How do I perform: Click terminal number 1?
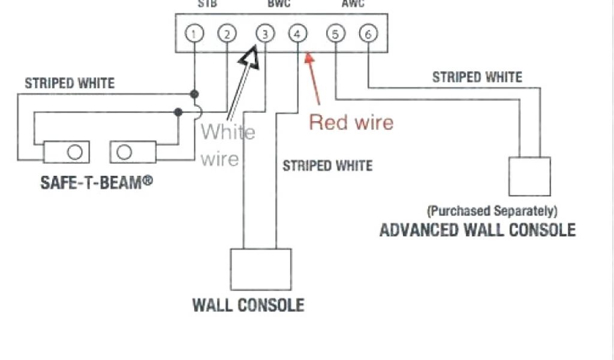[x=193, y=34]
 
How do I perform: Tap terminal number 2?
[x=227, y=34]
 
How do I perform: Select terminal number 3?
[x=264, y=34]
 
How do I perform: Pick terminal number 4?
[x=298, y=34]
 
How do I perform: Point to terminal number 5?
[x=335, y=34]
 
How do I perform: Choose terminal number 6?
[x=368, y=34]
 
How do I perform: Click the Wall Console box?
[x=261, y=269]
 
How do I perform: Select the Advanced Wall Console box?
[x=529, y=176]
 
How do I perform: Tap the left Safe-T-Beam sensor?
[x=67, y=152]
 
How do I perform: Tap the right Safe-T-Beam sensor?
[x=133, y=152]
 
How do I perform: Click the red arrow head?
[x=309, y=58]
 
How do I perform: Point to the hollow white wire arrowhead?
[x=249, y=58]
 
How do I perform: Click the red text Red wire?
[x=351, y=122]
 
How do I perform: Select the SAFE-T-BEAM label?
[x=97, y=182]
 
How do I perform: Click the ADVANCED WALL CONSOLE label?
[x=477, y=230]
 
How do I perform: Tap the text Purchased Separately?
[x=492, y=211]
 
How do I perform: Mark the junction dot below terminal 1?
[x=194, y=94]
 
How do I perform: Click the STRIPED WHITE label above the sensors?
[x=70, y=83]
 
